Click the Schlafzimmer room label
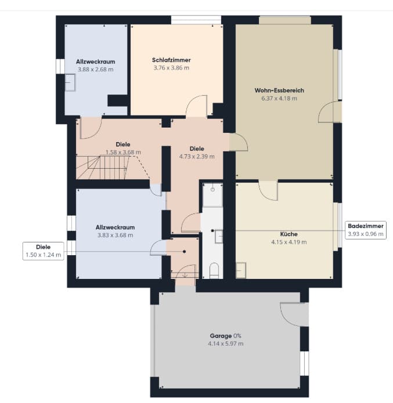tap(171, 60)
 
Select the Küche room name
tap(289, 234)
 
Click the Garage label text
tap(221, 336)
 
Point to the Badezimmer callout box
tap(366, 230)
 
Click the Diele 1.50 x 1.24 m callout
tap(43, 251)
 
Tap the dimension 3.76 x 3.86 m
tap(171, 68)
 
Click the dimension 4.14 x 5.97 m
tap(225, 344)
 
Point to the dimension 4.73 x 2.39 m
tap(197, 156)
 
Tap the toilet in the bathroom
tap(214, 270)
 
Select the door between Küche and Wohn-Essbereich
tap(268, 190)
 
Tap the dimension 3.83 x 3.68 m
tap(115, 235)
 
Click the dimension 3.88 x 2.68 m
tap(95, 70)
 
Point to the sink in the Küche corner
tap(241, 270)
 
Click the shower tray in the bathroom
tap(212, 195)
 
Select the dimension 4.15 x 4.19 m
tap(289, 242)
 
